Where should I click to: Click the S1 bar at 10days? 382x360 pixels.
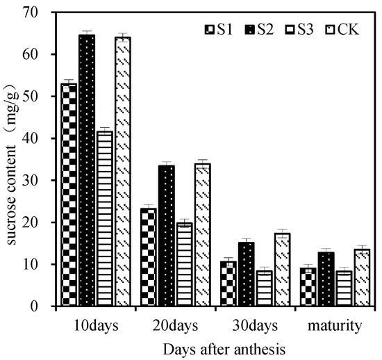click(69, 195)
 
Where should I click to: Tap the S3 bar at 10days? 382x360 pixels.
click(105, 218)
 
